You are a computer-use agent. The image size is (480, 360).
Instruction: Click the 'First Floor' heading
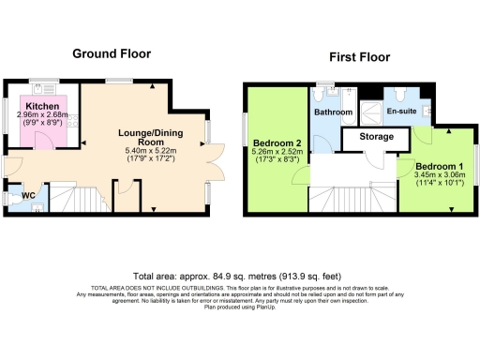(359, 58)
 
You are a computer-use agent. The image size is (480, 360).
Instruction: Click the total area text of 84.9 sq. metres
(239, 277)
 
